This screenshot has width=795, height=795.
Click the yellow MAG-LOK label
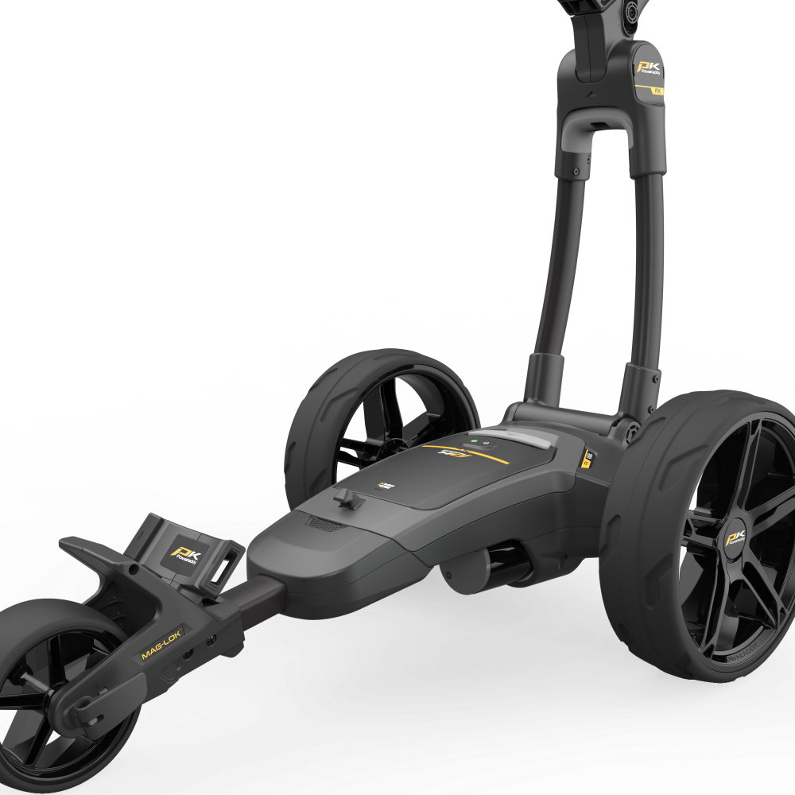[x=162, y=643]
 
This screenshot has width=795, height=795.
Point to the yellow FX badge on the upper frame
[x=658, y=91]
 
